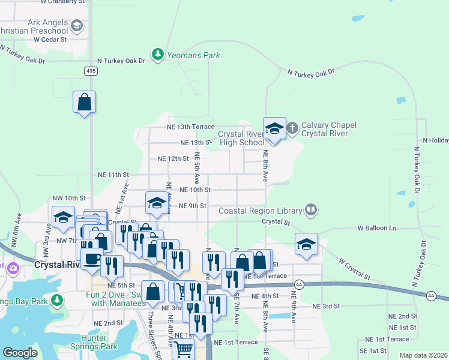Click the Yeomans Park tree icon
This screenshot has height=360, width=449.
tap(158, 55)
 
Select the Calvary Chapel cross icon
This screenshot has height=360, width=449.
tap(292, 128)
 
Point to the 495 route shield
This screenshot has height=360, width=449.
tap(90, 71)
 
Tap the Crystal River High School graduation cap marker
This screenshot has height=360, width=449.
tap(274, 128)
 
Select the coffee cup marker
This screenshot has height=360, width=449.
tap(92, 259)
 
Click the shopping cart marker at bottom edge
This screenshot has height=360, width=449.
tap(184, 349)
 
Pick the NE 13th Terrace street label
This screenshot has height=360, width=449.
tap(190, 127)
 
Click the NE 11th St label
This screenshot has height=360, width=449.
tap(113, 175)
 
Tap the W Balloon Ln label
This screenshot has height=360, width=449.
tap(377, 228)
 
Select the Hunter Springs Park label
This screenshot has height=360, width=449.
tap(99, 342)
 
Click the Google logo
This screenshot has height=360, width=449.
tap(20, 353)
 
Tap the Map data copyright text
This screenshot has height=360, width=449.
tap(423, 355)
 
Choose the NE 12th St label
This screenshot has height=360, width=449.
tap(173, 159)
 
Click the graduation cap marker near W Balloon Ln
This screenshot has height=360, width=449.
tap(306, 244)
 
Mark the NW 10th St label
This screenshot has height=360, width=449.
tap(69, 197)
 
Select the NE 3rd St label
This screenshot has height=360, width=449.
tap(326, 305)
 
